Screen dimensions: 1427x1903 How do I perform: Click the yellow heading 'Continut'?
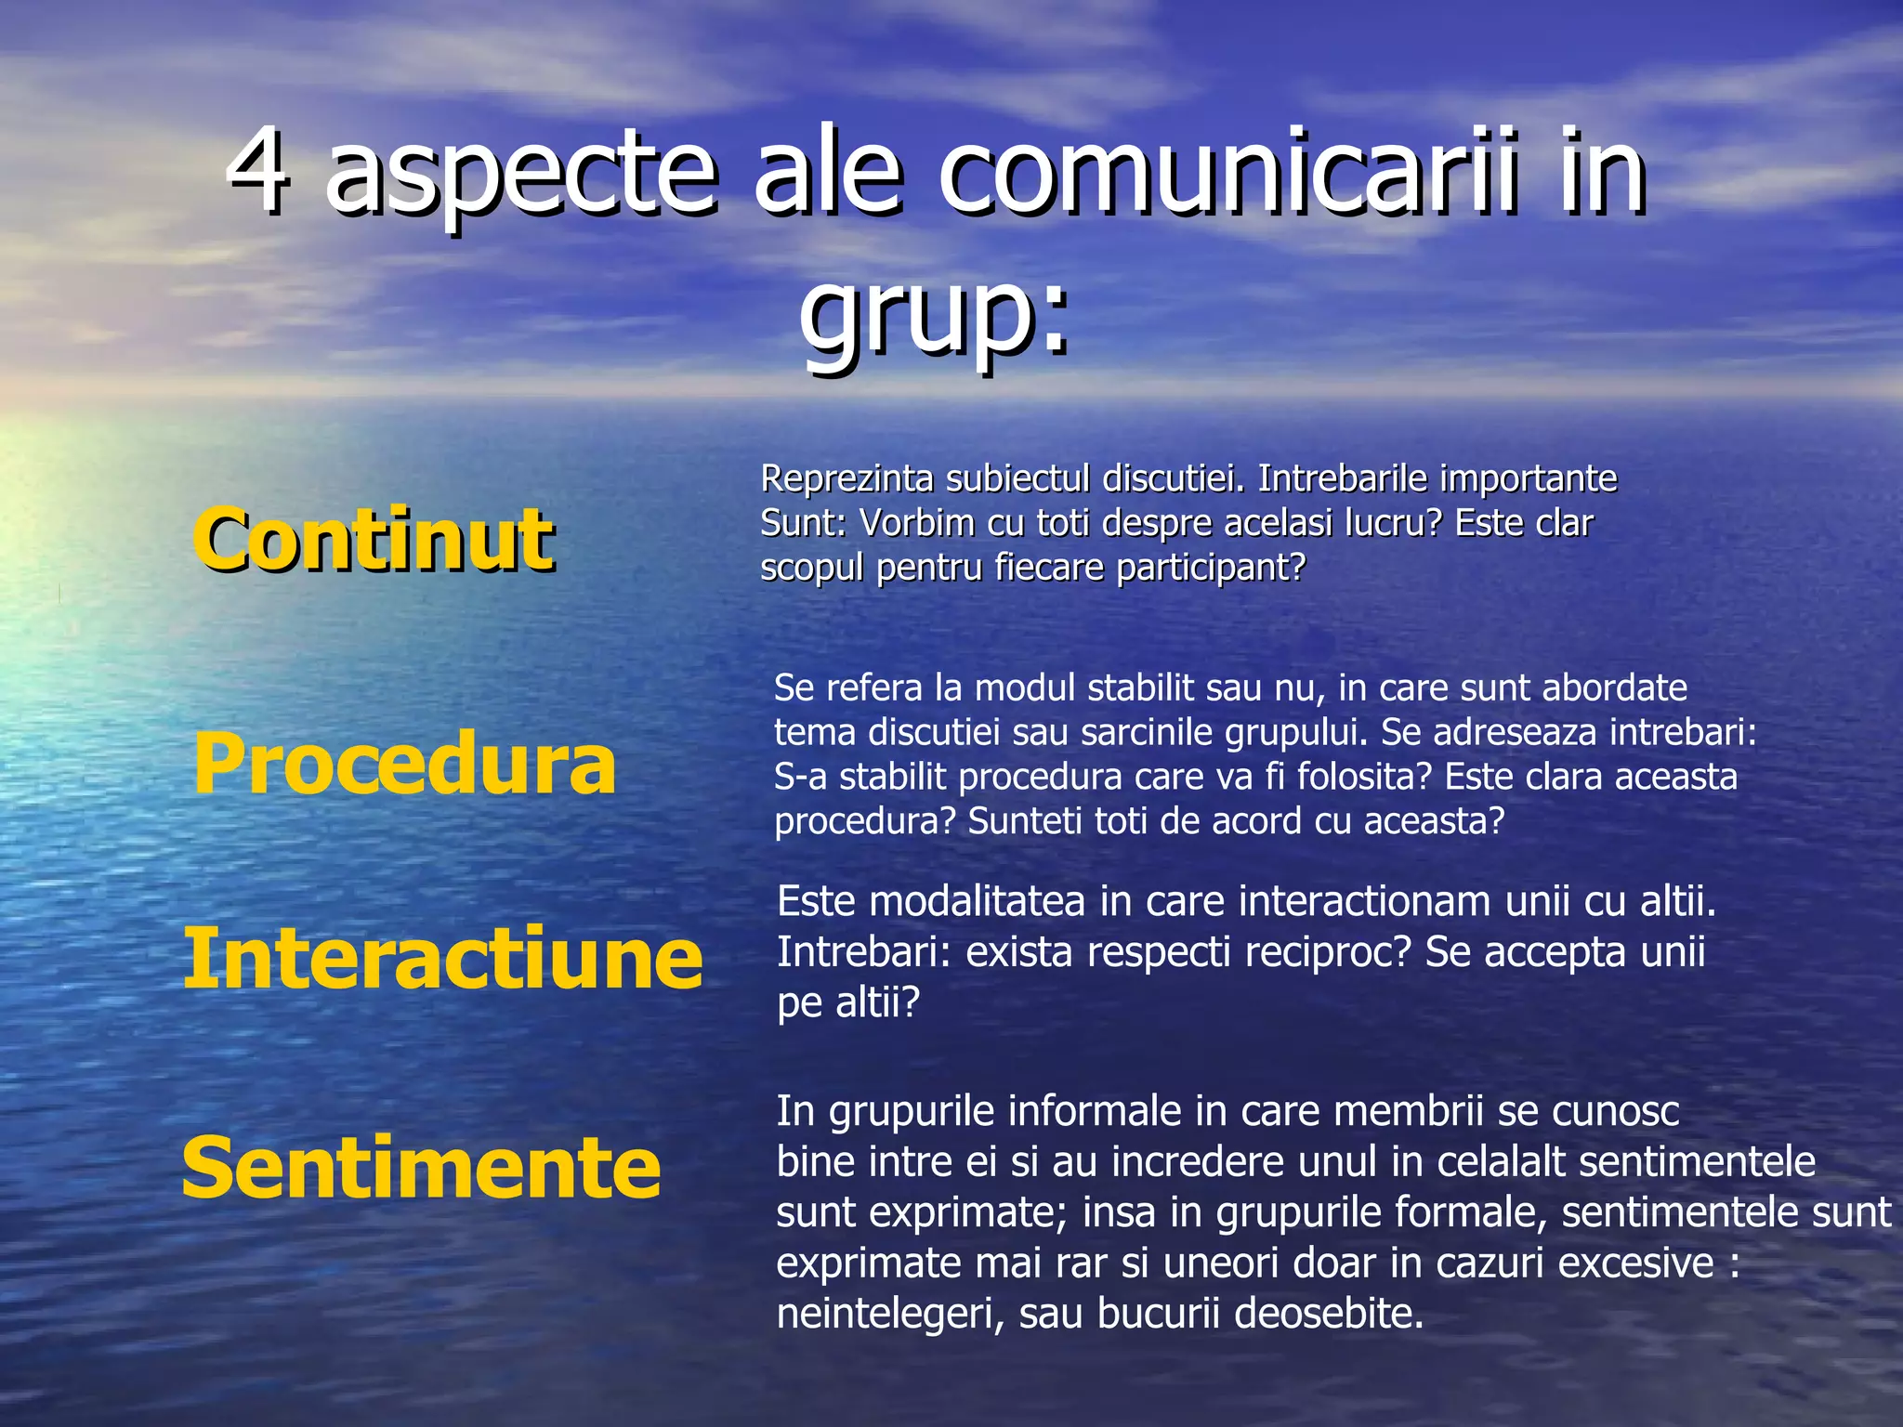(373, 540)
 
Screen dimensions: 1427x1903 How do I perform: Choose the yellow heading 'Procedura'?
(404, 764)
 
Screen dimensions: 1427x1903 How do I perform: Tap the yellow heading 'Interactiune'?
(442, 959)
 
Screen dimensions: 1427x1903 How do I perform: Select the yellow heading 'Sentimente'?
(421, 1168)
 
